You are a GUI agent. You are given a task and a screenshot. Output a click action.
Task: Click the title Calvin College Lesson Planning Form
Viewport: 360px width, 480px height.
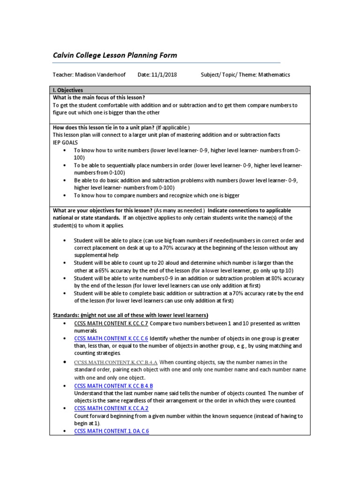coord(115,55)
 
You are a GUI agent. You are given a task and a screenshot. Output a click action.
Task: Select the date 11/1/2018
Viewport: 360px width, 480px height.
coord(164,75)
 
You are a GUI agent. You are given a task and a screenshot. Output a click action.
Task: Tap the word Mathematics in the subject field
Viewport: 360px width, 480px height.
coord(274,75)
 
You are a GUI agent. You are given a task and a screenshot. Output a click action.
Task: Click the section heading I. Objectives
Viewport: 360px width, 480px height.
coord(67,90)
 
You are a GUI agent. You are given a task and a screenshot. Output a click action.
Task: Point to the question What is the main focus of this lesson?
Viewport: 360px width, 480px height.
coord(98,97)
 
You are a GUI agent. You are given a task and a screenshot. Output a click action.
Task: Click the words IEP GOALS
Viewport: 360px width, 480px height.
coord(65,142)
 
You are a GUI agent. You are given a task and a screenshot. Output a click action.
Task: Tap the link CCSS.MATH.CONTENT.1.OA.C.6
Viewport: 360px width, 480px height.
coord(112,431)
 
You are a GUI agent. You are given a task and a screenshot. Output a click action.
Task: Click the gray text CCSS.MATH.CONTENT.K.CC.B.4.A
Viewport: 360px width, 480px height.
coord(115,362)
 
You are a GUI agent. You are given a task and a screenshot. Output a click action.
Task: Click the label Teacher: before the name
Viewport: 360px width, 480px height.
coord(62,75)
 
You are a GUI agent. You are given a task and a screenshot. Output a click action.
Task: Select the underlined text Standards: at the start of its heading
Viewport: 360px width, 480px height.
coord(66,315)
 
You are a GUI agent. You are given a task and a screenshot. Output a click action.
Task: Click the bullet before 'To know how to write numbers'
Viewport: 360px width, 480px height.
coord(64,150)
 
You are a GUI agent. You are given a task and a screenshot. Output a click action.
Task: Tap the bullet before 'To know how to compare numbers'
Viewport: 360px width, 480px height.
coord(64,195)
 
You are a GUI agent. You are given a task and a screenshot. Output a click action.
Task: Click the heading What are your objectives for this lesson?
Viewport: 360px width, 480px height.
coord(102,210)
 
